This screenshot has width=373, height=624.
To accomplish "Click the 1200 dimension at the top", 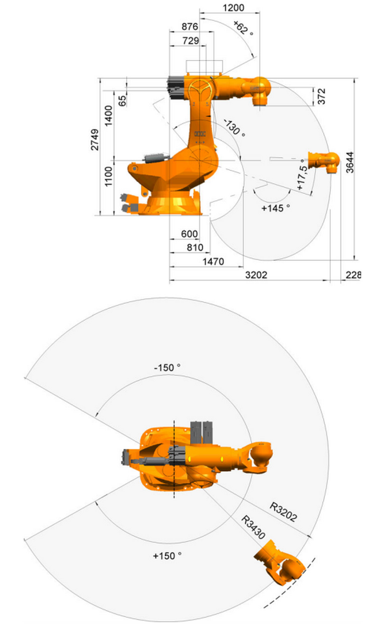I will (233, 7).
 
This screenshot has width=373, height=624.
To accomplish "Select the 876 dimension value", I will (190, 27).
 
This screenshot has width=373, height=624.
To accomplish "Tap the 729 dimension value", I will (191, 41).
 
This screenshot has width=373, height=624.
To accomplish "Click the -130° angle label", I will (235, 128).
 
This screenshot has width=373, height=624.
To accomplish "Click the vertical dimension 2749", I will (95, 140).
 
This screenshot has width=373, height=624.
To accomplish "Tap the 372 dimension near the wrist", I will (322, 96).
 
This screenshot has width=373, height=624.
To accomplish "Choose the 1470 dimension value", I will (213, 261).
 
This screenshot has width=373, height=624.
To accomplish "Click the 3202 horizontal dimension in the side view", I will (256, 275).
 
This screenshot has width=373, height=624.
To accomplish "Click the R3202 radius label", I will (283, 512).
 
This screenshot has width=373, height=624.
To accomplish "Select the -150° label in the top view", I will (167, 368).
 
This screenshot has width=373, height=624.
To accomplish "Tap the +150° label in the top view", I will (167, 556).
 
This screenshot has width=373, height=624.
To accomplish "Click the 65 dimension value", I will (122, 101).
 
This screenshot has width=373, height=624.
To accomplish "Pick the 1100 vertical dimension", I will (108, 176).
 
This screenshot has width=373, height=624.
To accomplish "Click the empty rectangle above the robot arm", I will (204, 67).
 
